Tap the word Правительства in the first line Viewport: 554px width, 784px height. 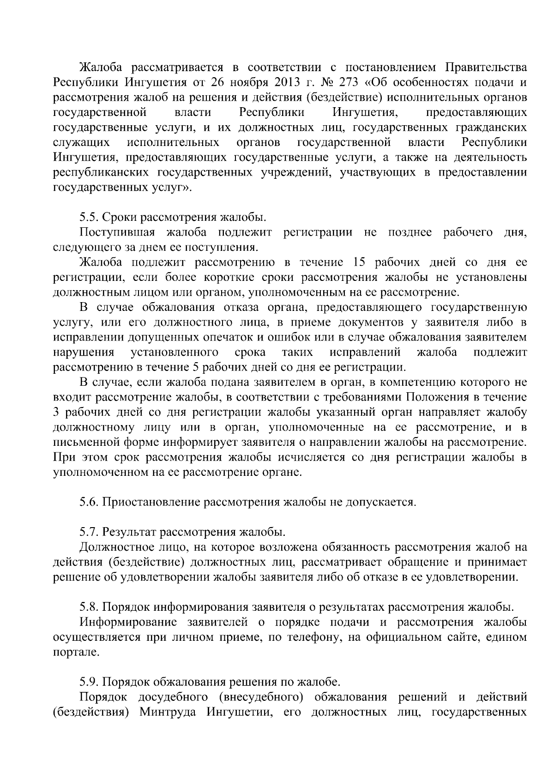[486, 68]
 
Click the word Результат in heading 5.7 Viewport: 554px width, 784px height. [129, 532]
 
